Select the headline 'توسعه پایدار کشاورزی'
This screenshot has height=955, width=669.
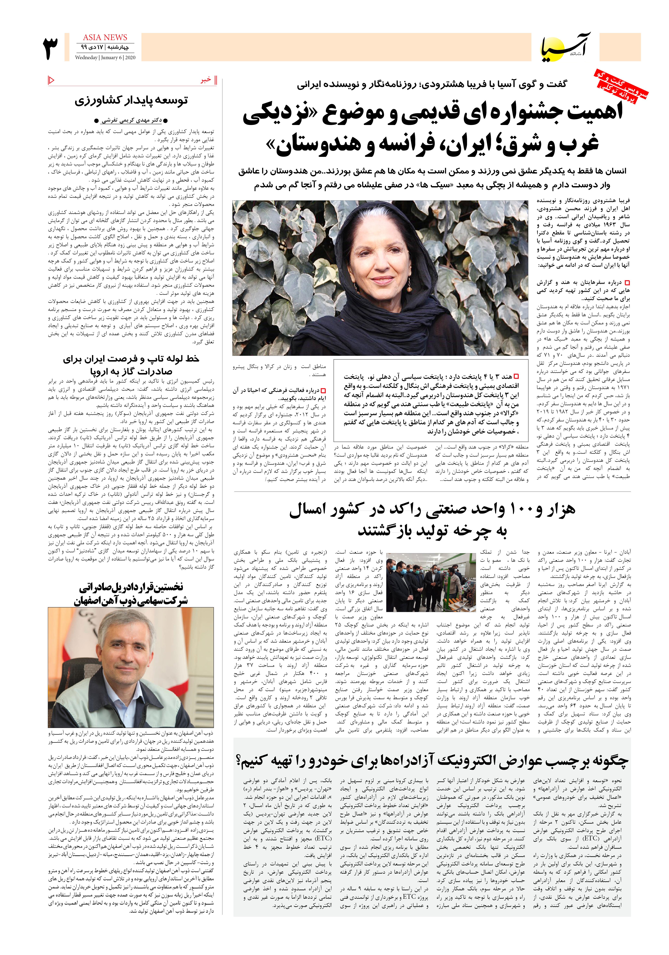(132, 101)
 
